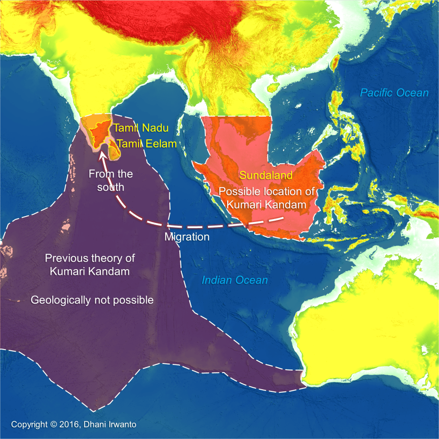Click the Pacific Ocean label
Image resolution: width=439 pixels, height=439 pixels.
394,93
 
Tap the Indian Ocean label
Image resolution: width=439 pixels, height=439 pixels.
235,281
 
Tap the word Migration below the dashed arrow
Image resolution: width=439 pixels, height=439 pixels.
187,237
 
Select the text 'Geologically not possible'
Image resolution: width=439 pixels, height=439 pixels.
92,300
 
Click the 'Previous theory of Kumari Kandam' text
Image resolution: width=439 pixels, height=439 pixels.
90,265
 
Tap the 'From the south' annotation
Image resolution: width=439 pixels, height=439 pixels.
111,180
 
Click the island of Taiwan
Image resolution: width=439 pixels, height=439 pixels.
334,63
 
